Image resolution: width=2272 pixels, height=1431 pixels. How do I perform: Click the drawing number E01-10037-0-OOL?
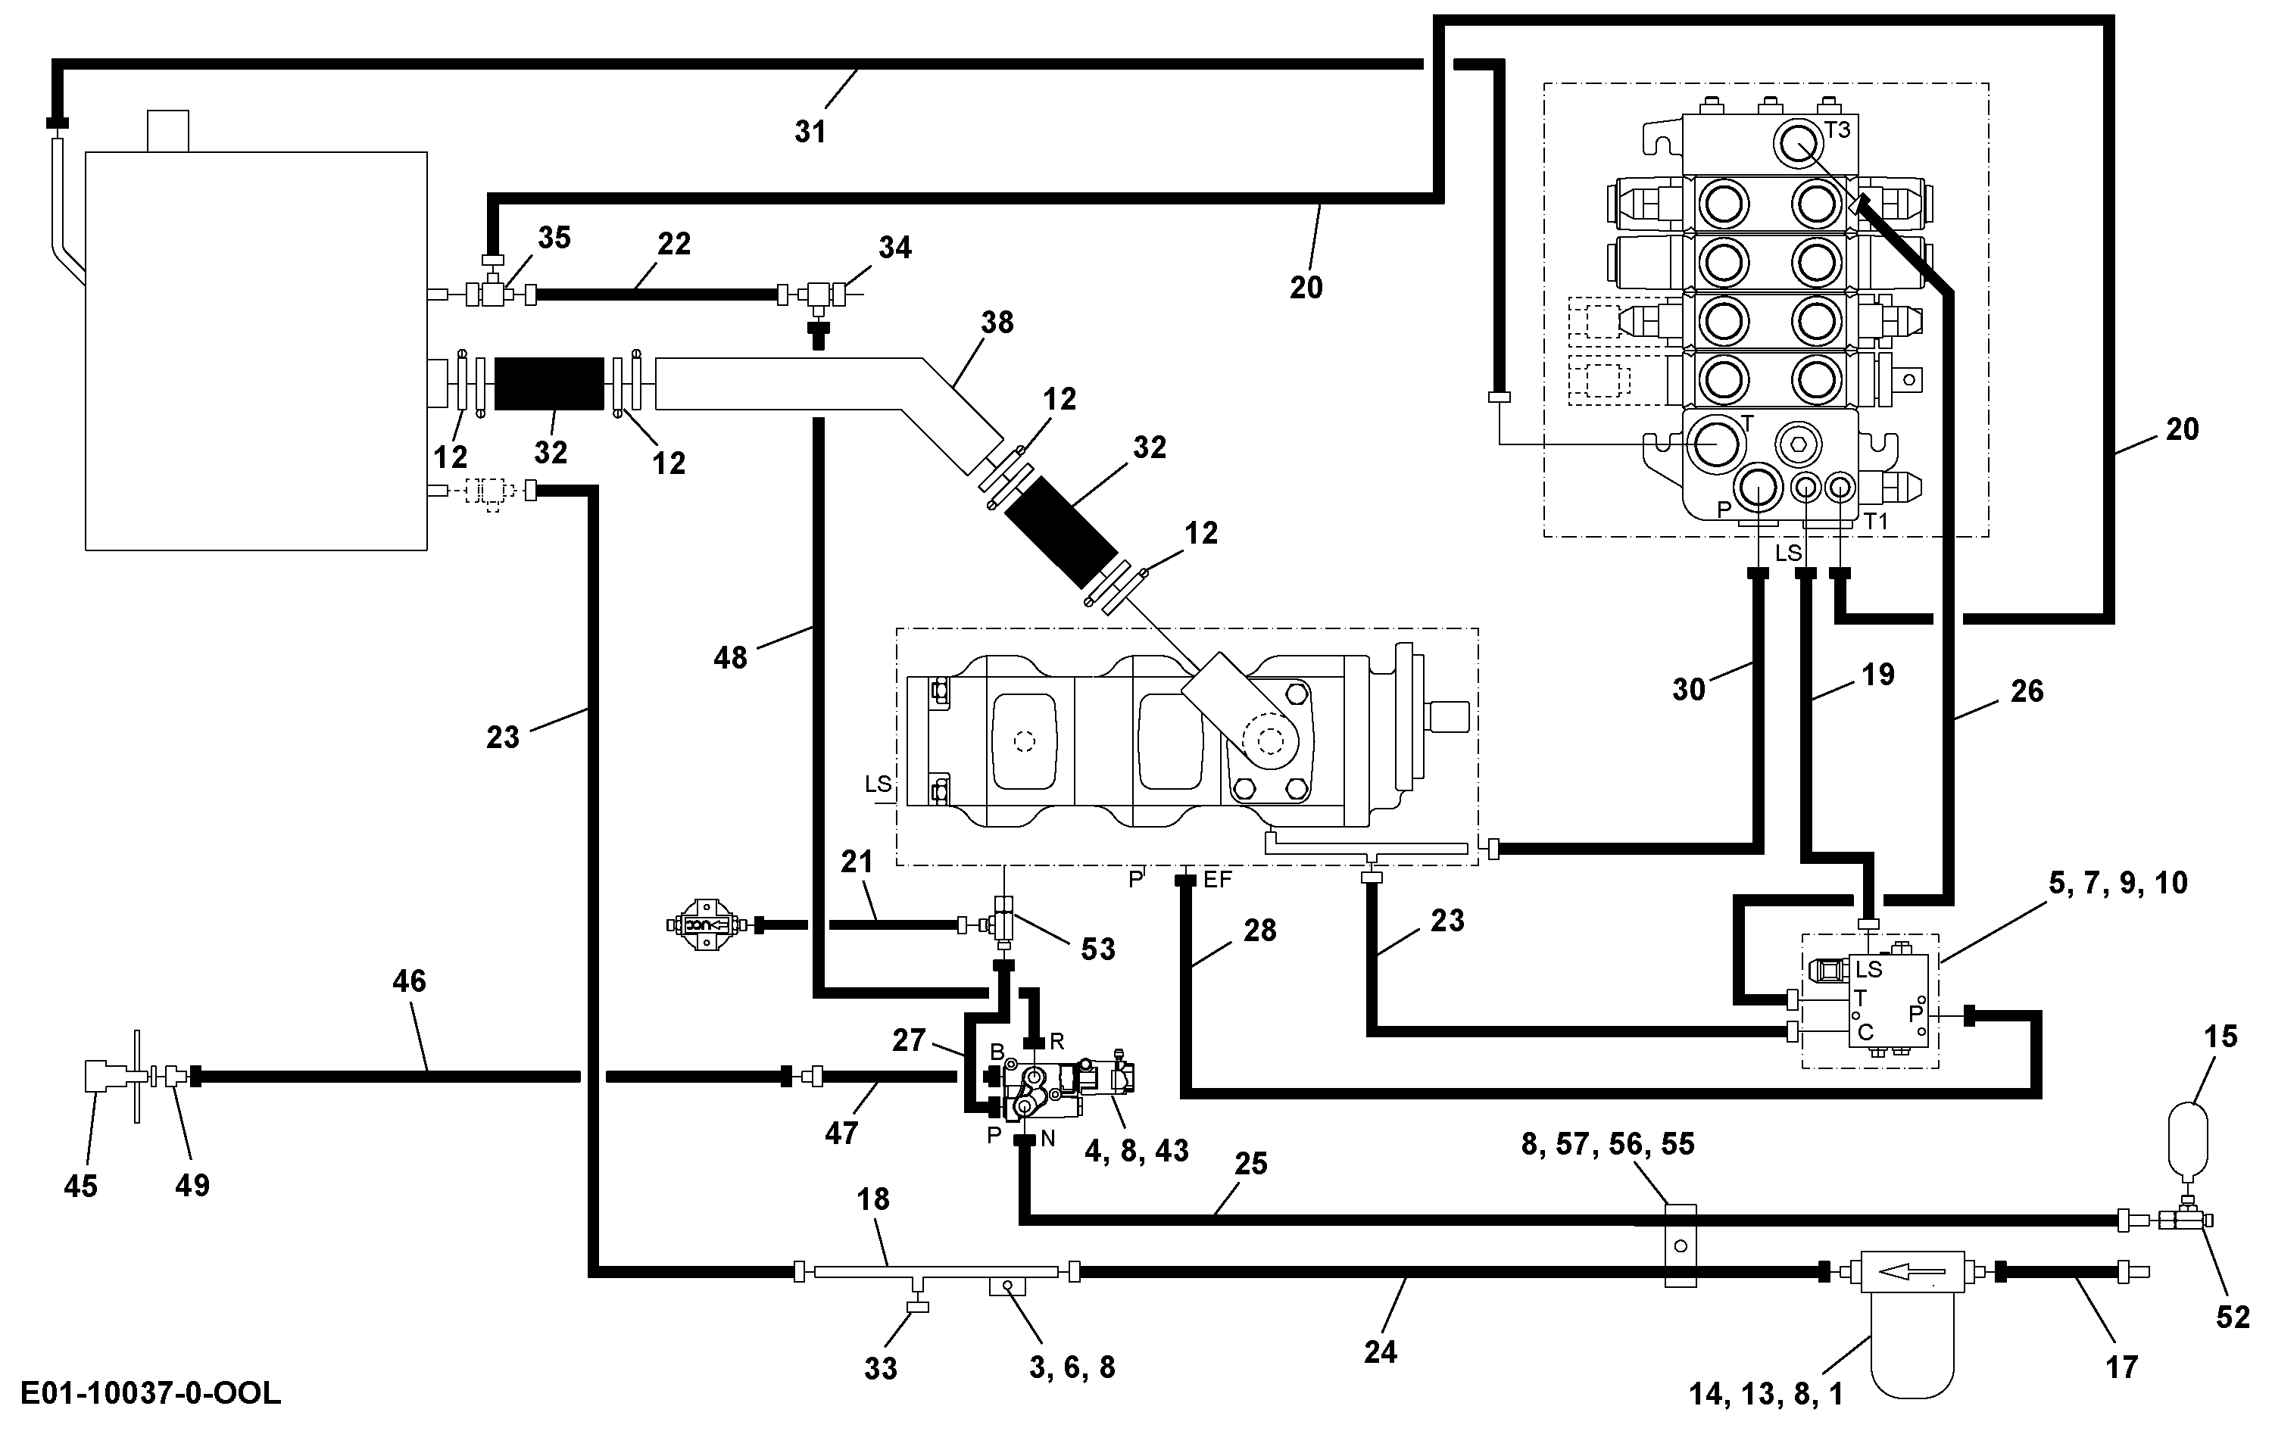click(150, 1393)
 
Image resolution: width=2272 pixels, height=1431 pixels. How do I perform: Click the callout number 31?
click(810, 131)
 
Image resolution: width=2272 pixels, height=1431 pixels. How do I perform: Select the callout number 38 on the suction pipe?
click(997, 323)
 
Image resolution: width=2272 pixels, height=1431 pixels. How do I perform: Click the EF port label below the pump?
click(1218, 880)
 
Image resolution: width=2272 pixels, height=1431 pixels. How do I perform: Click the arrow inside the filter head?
click(1911, 1271)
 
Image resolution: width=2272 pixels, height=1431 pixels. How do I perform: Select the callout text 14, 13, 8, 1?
click(1765, 1394)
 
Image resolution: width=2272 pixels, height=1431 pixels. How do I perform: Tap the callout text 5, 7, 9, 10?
click(2118, 882)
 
